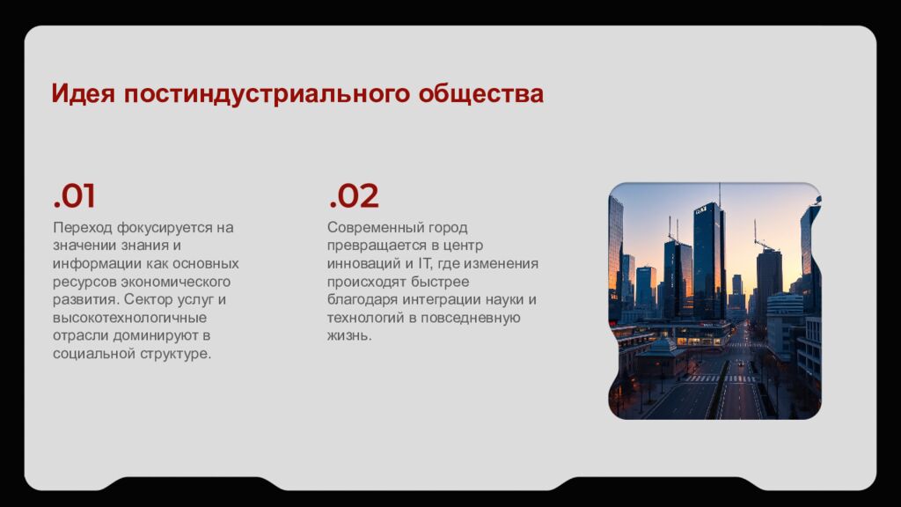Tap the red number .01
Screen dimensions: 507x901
click(74, 196)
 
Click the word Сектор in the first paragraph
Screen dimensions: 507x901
click(150, 299)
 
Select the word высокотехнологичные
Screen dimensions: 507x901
click(129, 318)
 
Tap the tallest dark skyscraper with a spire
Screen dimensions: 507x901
click(709, 260)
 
